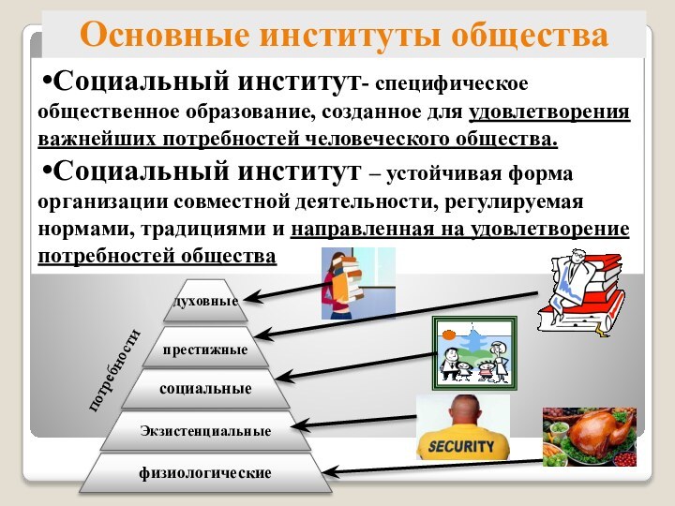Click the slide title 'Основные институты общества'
click(343, 35)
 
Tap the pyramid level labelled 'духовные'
click(205, 301)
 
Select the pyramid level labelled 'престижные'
click(205, 350)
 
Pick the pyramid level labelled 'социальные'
click(205, 388)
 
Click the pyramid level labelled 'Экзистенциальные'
click(205, 431)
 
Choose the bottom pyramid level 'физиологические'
click(205, 473)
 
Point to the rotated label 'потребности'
click(113, 369)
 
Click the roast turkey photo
click(589, 436)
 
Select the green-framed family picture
click(473, 352)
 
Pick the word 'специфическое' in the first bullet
click(455, 85)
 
